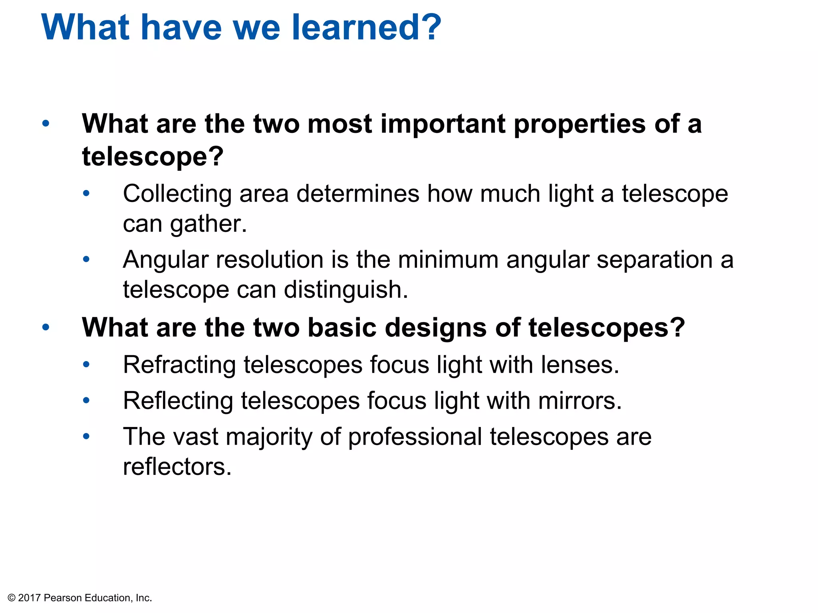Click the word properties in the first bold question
(x=579, y=124)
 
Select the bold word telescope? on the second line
(x=153, y=156)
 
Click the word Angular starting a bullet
(x=166, y=260)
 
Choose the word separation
(x=655, y=260)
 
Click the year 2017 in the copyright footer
(x=30, y=598)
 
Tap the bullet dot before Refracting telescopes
(x=86, y=364)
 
